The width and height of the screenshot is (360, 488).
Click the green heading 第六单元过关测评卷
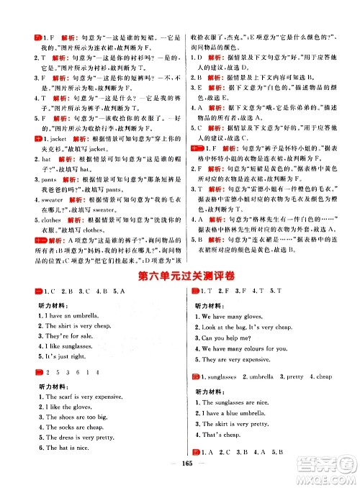pos(179,276)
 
